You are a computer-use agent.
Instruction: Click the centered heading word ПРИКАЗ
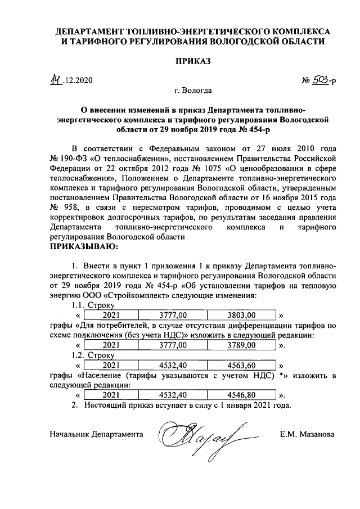pos(192,61)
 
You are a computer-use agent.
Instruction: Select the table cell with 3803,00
pos(242,315)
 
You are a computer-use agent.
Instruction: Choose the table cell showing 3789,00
pos(242,345)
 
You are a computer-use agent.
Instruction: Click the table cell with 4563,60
pos(242,364)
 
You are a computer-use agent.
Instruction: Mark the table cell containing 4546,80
pos(242,394)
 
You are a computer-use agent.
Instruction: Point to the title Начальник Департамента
pos(96,435)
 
